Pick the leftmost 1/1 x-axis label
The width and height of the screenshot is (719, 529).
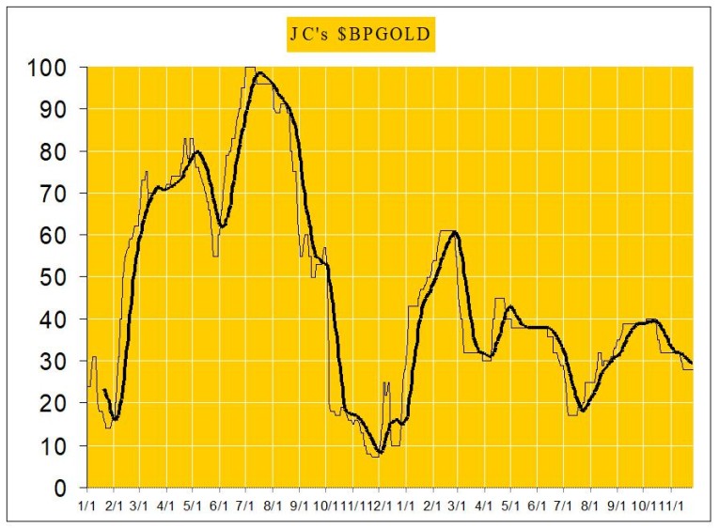tap(87, 504)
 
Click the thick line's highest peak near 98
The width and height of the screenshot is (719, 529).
tap(259, 72)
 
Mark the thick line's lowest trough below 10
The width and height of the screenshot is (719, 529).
tap(379, 452)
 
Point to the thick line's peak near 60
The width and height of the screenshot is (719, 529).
tap(455, 231)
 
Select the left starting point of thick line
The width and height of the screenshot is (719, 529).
tap(103, 389)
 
